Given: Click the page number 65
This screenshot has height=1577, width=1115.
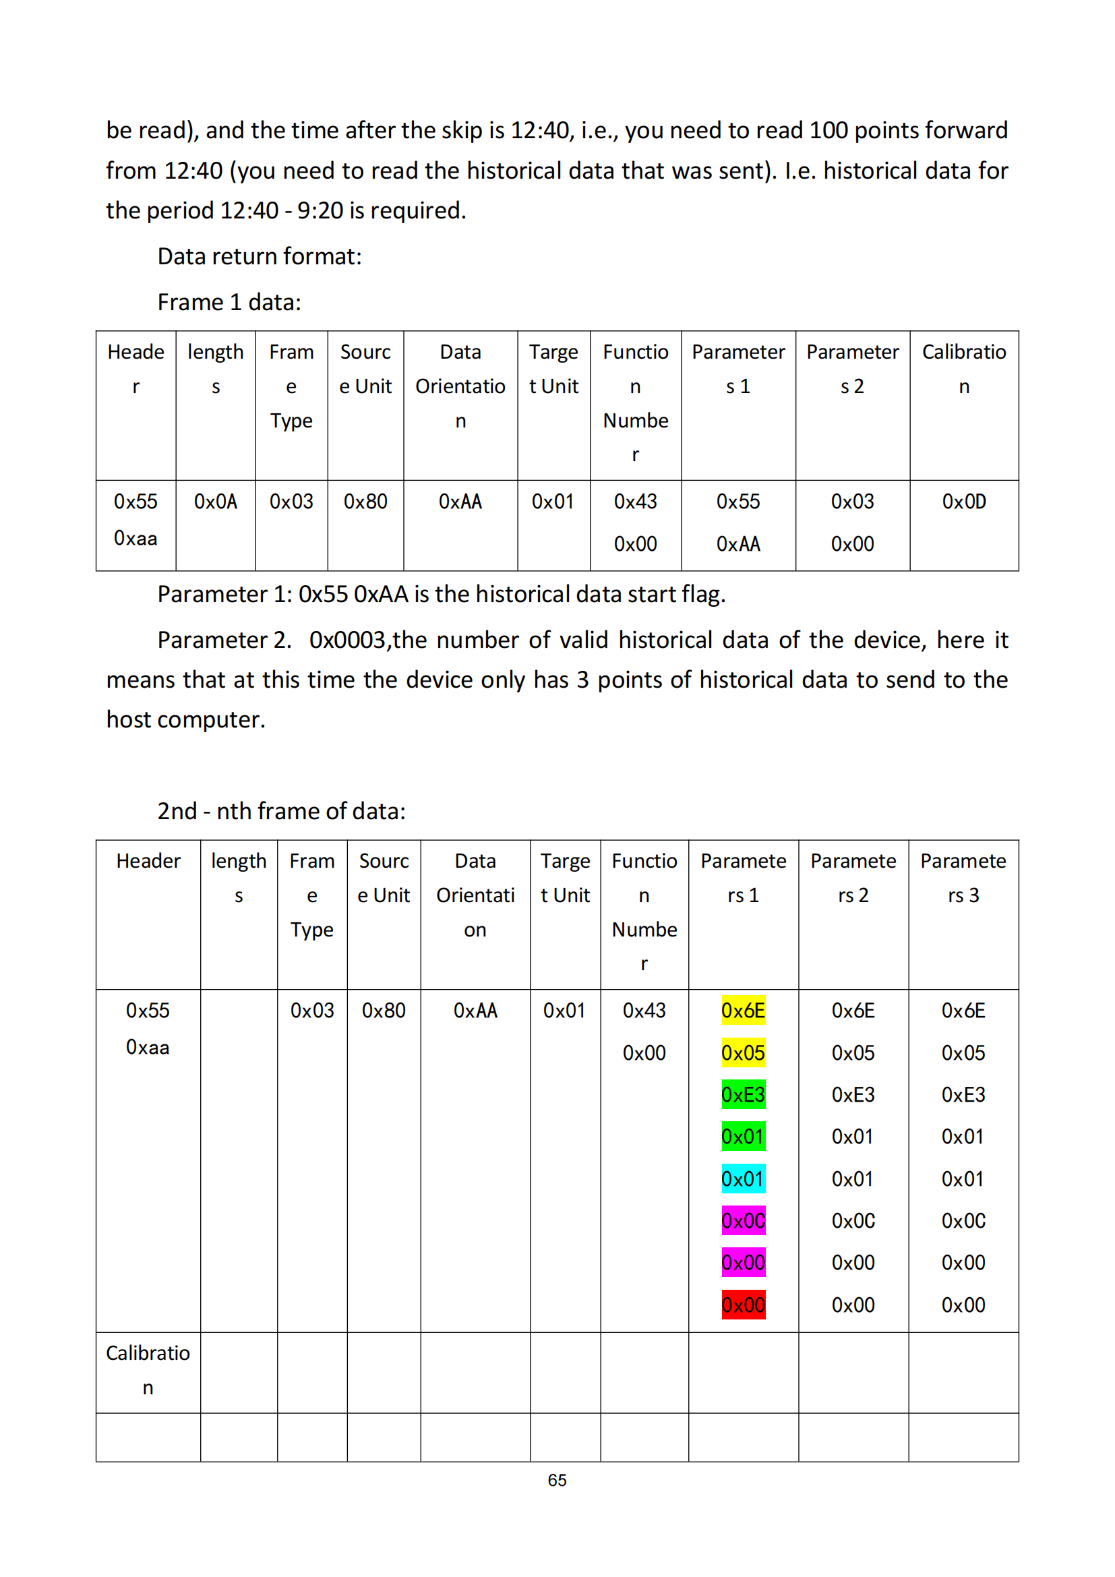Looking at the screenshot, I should (x=557, y=1480).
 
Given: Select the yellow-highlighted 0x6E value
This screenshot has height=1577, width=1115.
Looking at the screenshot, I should (x=743, y=1011).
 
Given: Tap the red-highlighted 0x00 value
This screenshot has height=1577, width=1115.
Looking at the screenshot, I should (x=743, y=1305).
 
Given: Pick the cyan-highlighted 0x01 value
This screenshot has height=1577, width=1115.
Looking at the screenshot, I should (x=743, y=1179).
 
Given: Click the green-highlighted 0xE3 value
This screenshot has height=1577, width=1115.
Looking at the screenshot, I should (x=743, y=1094).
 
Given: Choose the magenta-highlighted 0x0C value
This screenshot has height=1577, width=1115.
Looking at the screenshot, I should (x=743, y=1220).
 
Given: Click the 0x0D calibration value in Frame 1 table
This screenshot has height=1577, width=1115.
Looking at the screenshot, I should (x=964, y=502).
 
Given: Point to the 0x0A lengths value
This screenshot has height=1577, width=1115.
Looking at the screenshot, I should (x=216, y=502).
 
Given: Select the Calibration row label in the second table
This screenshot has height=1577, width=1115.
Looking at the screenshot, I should (x=148, y=1369).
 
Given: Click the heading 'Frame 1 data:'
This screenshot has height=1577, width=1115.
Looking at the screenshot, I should (x=229, y=302).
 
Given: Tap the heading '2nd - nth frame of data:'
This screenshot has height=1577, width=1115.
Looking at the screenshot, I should (x=282, y=811).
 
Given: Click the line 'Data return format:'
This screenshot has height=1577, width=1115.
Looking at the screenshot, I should (x=260, y=256).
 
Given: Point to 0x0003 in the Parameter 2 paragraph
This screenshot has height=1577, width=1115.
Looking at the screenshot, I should (x=349, y=640).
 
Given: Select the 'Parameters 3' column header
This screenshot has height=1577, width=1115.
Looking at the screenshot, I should (x=963, y=877).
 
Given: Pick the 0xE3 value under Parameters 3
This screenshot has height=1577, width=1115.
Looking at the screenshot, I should (x=963, y=1094).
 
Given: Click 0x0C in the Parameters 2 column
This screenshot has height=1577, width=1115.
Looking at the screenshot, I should (x=853, y=1220).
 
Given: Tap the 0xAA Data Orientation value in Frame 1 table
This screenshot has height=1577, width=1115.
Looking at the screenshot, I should (x=460, y=502).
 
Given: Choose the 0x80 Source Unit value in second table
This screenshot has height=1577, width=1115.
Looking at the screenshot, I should (x=384, y=1011).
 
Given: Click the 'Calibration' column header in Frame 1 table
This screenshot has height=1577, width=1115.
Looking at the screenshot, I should (x=964, y=369).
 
